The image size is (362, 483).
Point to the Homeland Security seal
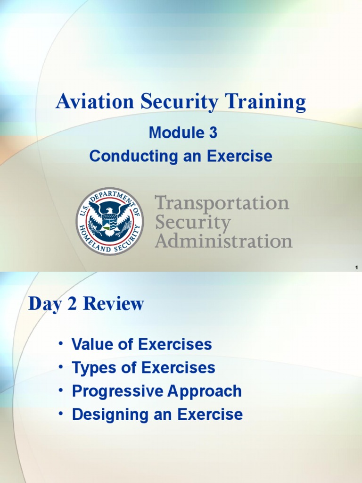pos(110,221)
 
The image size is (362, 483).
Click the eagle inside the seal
pos(110,217)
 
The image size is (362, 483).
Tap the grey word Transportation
pos(222,203)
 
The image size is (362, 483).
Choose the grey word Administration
pos(224,241)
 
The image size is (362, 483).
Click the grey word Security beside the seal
pos(193,222)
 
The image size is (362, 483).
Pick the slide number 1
pos(357,268)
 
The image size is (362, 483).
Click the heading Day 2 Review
pos(86,304)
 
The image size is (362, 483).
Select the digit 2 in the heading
pos(72,304)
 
